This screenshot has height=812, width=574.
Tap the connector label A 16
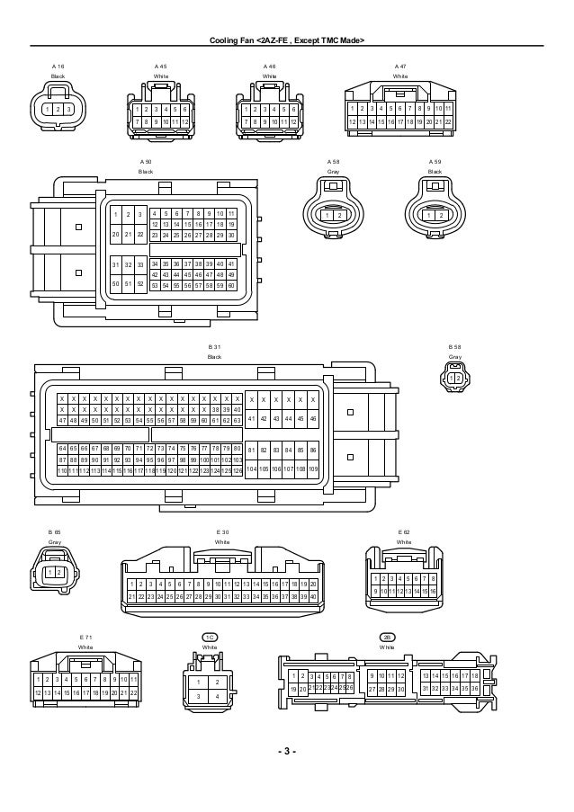(58, 67)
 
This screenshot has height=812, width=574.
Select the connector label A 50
(146, 161)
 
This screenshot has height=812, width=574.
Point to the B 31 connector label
(214, 347)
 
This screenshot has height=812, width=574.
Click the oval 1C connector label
(210, 637)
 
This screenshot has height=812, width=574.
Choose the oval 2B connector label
(387, 637)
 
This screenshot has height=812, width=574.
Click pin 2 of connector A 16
(57, 109)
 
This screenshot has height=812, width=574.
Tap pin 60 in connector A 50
(231, 285)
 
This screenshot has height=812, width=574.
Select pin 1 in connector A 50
(115, 214)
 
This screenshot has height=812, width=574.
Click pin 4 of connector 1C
(218, 696)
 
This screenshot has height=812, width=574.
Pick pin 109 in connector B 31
(313, 469)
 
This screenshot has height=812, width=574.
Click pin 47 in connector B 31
(61, 420)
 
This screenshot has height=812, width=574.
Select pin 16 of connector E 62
(433, 591)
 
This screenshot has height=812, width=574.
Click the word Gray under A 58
(333, 171)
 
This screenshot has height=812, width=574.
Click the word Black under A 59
(435, 171)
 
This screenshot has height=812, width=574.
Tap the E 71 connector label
(85, 637)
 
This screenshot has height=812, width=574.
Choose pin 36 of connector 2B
(474, 689)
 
